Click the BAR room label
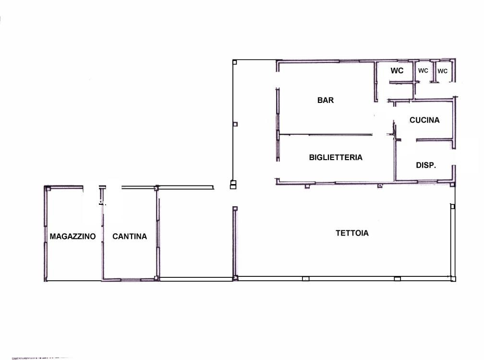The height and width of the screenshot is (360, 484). click(x=326, y=100)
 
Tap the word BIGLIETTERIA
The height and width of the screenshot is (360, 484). click(x=336, y=157)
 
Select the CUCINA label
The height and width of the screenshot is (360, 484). click(x=424, y=120)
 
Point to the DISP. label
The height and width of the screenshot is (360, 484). click(x=426, y=165)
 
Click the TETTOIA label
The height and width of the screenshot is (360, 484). click(x=352, y=233)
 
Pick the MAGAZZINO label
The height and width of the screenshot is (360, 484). click(x=73, y=236)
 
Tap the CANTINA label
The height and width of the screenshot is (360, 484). click(x=130, y=236)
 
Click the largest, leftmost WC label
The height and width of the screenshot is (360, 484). click(x=397, y=71)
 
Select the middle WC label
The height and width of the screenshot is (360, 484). click(x=423, y=71)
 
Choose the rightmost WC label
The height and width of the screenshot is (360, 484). click(x=442, y=71)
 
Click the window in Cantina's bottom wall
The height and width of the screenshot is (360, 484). click(x=130, y=280)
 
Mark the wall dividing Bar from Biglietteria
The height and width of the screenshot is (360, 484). click(x=326, y=135)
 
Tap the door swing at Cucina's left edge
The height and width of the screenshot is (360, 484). click(x=394, y=130)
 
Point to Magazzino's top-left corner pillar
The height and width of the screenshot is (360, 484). click(x=48, y=189)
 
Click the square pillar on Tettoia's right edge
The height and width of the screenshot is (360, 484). click(x=452, y=206)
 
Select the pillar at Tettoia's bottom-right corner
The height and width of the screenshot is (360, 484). click(x=453, y=279)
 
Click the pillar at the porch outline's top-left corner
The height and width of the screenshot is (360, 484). click(x=235, y=62)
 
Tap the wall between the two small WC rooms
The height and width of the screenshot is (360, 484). click(x=434, y=72)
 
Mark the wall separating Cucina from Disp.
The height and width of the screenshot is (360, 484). click(x=435, y=140)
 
